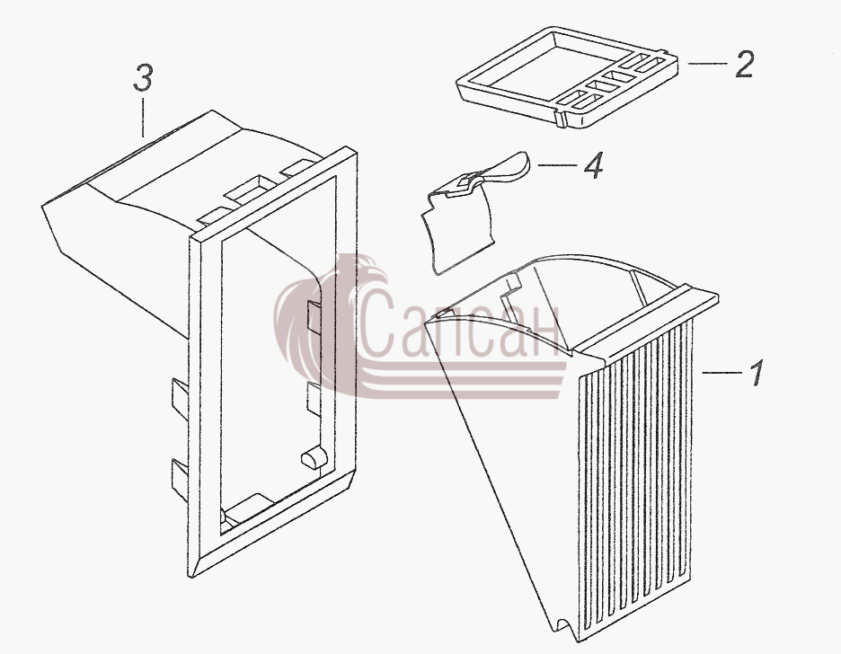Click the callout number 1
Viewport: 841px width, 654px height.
coord(757,373)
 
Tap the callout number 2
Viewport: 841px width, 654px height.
coord(745,65)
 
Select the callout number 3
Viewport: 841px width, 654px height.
coord(143,78)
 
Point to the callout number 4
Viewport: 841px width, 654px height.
coord(593,165)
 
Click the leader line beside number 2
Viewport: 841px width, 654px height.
coord(707,63)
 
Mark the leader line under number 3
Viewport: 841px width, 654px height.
coord(143,116)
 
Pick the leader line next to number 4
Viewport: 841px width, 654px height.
coord(557,165)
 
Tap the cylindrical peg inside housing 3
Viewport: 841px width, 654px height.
coord(314,457)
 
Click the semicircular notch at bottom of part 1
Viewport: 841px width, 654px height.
coord(562,625)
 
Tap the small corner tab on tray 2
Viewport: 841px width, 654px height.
coord(560,119)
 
